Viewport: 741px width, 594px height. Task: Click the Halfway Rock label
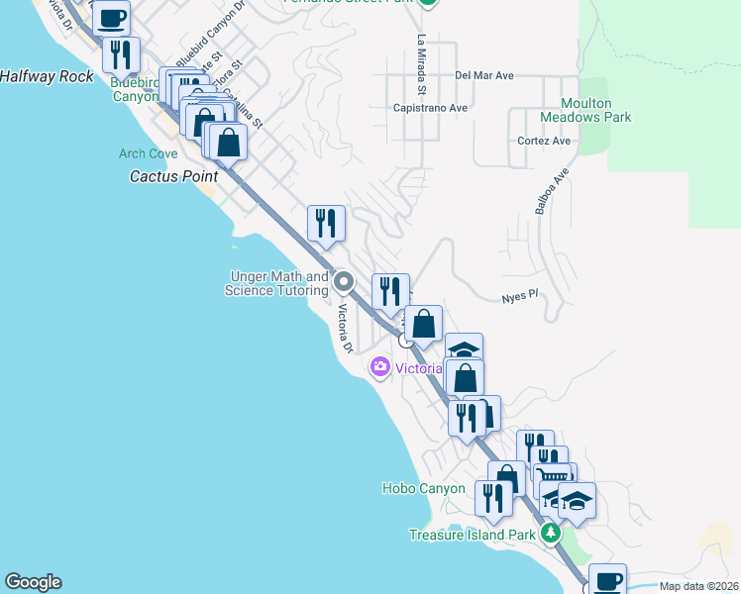point(47,76)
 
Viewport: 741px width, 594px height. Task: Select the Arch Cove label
point(149,153)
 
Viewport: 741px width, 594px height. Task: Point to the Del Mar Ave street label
point(484,75)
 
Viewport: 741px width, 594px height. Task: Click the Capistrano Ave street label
point(430,108)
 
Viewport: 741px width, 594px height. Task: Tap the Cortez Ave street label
point(544,141)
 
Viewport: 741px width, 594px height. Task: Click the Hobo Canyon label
point(423,488)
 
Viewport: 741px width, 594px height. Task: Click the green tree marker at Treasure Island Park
point(552,534)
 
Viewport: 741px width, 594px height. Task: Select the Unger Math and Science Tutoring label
point(276,283)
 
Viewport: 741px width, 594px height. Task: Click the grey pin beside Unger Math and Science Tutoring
point(344,282)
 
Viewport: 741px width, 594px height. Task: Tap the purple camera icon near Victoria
point(379,368)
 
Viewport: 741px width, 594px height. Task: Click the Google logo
point(33,582)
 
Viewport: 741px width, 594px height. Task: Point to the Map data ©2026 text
point(697,586)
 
